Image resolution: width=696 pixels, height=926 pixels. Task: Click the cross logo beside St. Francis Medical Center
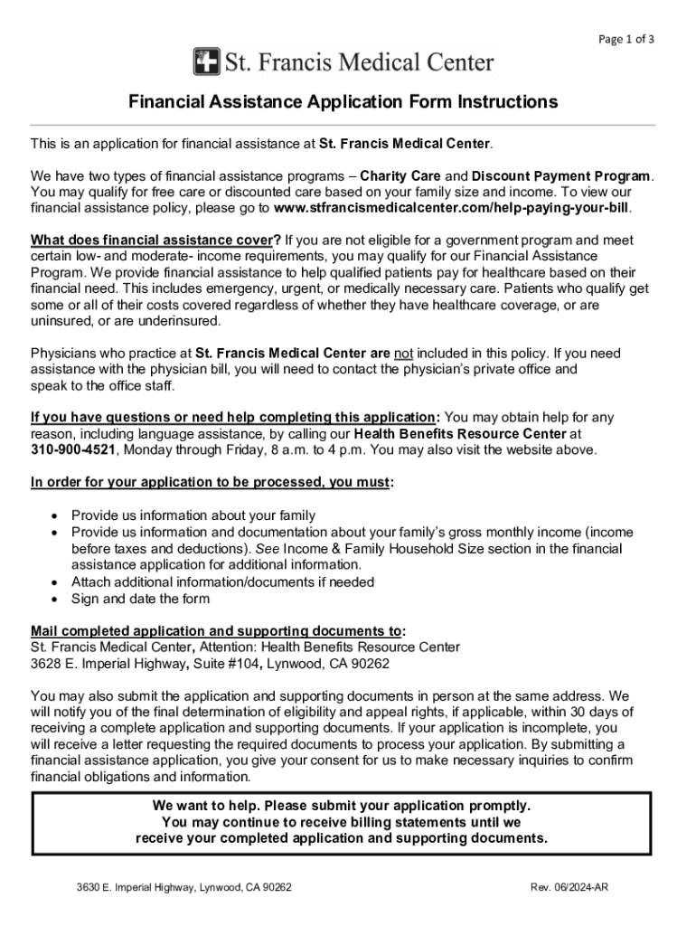click(206, 62)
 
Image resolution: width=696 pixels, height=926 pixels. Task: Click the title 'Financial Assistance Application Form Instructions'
click(343, 102)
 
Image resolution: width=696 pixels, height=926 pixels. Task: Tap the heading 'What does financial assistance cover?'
click(156, 240)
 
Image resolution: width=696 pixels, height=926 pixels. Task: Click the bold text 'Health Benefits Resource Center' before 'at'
click(463, 433)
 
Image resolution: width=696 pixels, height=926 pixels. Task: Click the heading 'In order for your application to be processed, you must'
click(210, 482)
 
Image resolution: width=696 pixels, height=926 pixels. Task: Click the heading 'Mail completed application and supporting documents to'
click(216, 630)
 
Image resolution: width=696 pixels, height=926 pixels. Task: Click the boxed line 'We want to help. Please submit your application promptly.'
click(342, 805)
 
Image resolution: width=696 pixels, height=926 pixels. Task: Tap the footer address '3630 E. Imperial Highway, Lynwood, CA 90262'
click(183, 888)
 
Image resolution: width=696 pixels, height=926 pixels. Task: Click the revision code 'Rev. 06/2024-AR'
click(569, 888)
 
